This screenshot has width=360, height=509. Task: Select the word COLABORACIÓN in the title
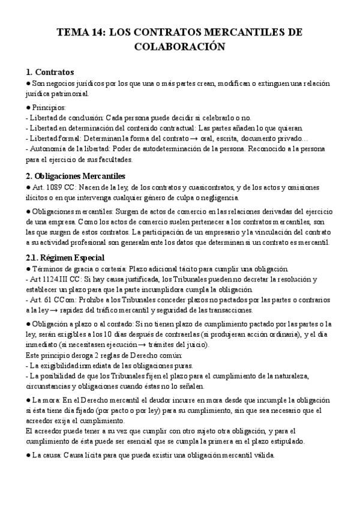179,47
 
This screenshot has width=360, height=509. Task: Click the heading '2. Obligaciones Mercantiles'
76,176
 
